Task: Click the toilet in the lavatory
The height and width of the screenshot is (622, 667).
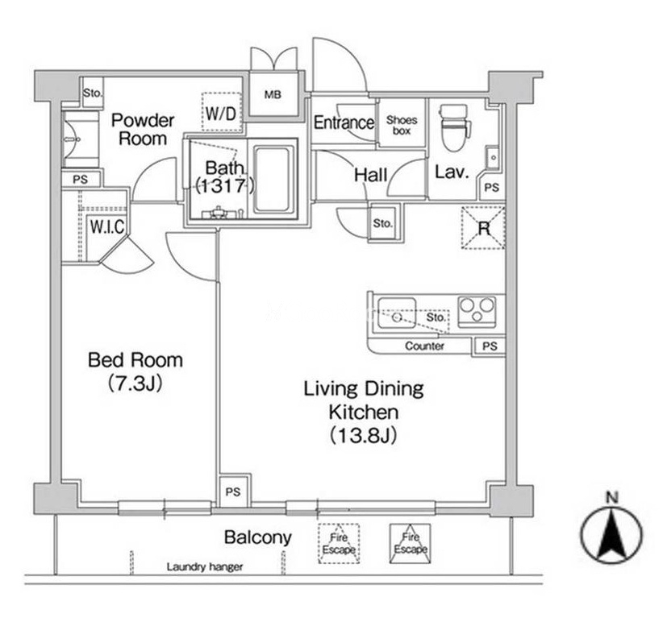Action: pos(456,127)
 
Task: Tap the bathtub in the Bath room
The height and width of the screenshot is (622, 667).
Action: pos(274,180)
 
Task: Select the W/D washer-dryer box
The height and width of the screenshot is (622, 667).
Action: pos(221,113)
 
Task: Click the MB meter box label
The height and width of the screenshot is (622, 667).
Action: pos(273,94)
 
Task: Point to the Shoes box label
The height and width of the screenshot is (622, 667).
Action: pos(402,126)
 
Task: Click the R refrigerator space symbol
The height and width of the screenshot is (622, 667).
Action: pos(483,228)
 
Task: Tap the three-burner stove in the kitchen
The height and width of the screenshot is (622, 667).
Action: pos(477,312)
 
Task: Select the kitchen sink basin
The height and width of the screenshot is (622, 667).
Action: pos(397,313)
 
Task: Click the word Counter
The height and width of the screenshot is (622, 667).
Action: pos(424,346)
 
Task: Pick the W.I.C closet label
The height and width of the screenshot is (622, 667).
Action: pos(106,227)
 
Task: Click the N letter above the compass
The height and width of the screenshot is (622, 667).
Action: pos(612,497)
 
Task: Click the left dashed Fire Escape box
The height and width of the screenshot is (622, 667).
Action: pos(339,543)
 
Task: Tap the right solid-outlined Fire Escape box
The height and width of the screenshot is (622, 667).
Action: pos(411,543)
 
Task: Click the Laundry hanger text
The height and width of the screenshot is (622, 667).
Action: pos(205,566)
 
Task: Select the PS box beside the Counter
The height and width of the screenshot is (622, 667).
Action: pos(490,346)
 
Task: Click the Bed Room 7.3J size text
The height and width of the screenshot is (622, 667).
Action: pos(135,384)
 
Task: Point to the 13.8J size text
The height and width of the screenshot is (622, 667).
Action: pos(364,435)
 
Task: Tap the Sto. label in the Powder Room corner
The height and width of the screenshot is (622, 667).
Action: pos(92,93)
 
